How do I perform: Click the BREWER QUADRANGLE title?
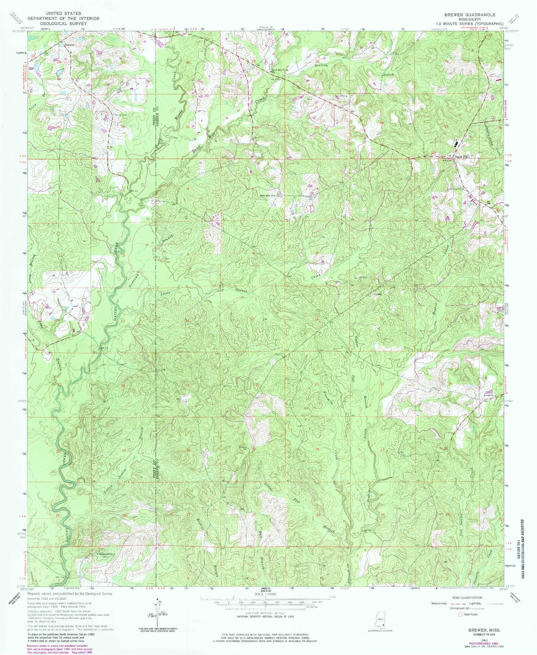click(469, 15)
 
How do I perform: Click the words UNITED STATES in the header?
click(63, 13)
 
